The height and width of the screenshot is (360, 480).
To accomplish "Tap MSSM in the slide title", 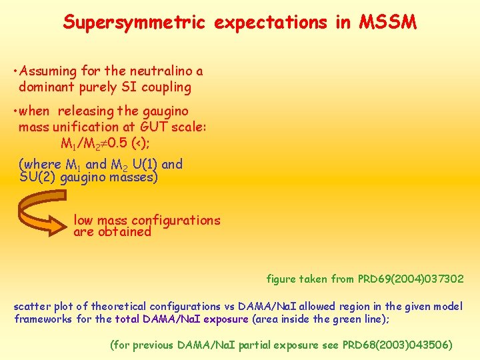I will coord(388,22).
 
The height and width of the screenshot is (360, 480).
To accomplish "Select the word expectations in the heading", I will coord(270,23).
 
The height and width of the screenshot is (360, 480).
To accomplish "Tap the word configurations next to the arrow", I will coord(176,220).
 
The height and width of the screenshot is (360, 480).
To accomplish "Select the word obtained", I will coord(123,232).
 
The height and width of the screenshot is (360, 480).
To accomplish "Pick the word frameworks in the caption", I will coord(42,319).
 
